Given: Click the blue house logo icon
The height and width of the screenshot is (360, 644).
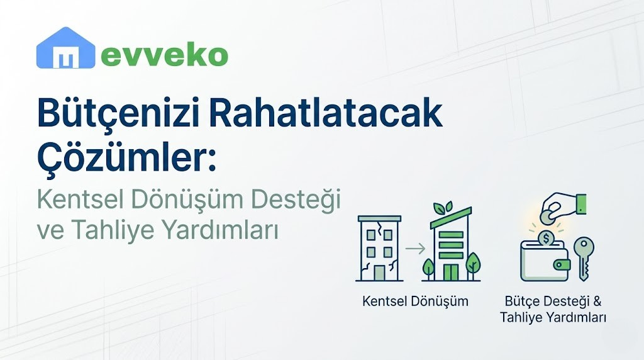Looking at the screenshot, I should pyautogui.click(x=65, y=48).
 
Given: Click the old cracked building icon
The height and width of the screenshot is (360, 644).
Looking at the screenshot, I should pyautogui.click(x=379, y=248).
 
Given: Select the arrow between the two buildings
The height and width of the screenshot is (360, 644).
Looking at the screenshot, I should pyautogui.click(x=414, y=249).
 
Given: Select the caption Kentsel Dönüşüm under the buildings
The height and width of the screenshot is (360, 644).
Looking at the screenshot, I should pyautogui.click(x=415, y=301).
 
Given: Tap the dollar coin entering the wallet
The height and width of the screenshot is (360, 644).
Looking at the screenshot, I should pyautogui.click(x=546, y=239).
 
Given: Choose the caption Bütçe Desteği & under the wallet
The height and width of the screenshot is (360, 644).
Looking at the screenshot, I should pyautogui.click(x=553, y=301).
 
